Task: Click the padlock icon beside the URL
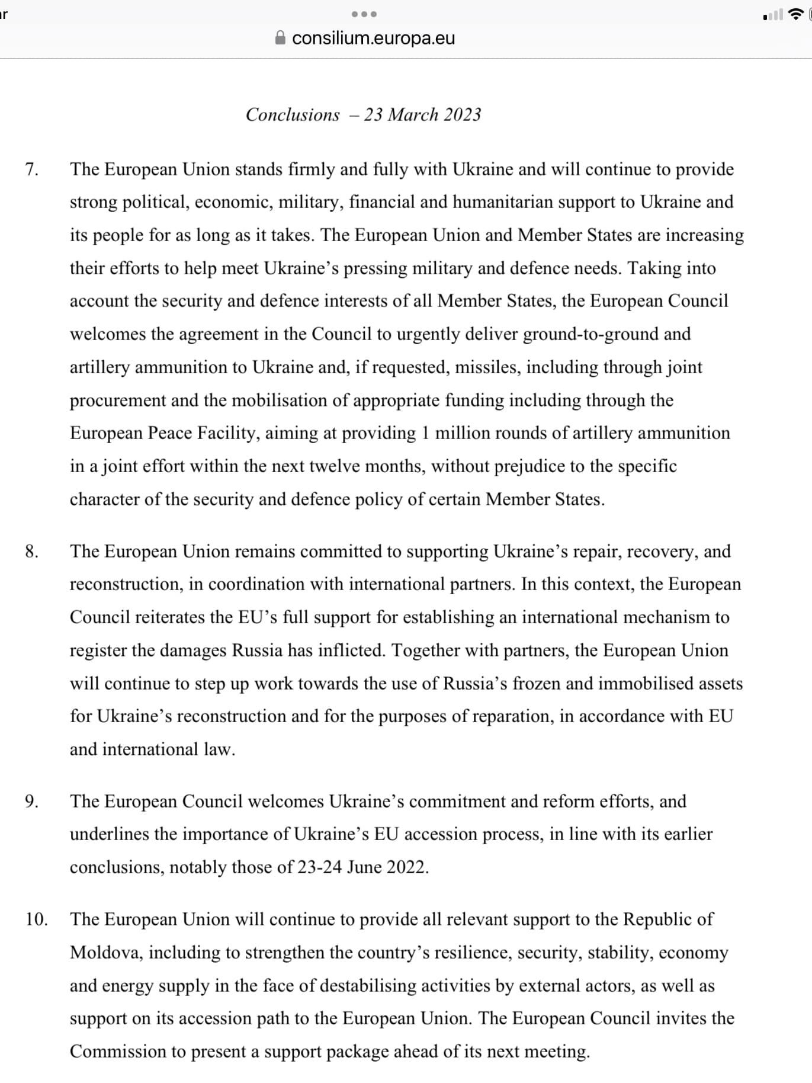281,38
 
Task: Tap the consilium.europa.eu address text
374,38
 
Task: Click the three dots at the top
364,14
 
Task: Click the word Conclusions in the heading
293,114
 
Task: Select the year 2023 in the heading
462,114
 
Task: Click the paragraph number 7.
31,169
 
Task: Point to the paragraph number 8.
31,552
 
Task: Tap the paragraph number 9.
31,802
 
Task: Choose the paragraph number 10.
36,919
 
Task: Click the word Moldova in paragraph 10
105,953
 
